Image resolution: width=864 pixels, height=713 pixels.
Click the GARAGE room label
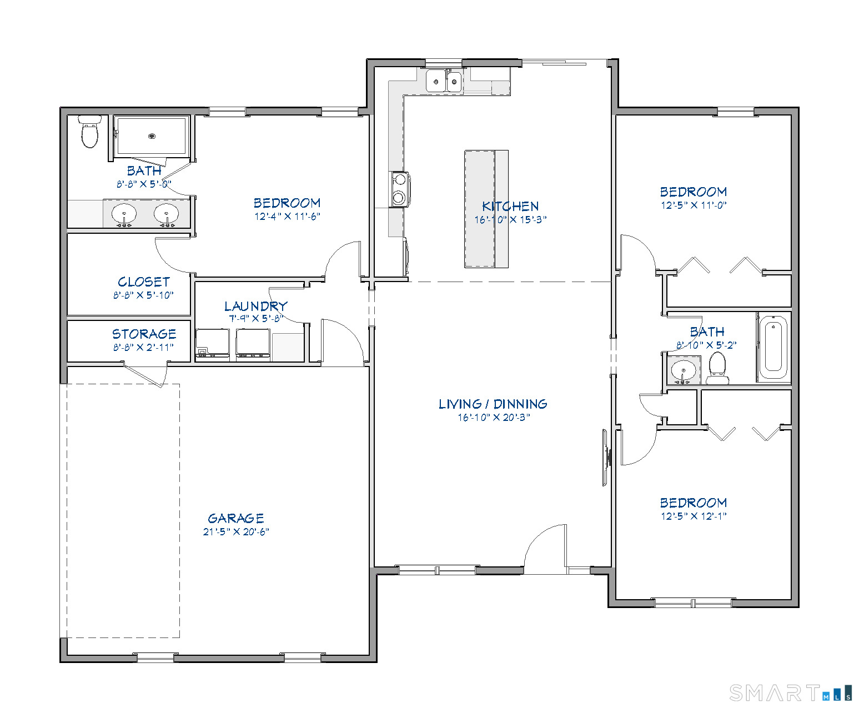click(x=235, y=518)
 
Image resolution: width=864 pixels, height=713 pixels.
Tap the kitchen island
click(x=486, y=209)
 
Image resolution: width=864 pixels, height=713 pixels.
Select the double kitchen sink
click(x=444, y=82)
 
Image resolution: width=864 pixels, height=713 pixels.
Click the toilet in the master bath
click(x=89, y=132)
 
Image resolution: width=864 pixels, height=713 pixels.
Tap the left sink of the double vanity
click(x=124, y=214)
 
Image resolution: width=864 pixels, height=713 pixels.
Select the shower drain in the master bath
click(x=152, y=135)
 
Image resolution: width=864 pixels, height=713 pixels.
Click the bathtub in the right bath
click(x=773, y=347)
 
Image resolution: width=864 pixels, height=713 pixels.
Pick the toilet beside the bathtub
click(x=717, y=368)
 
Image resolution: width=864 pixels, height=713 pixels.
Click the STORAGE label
click(x=144, y=334)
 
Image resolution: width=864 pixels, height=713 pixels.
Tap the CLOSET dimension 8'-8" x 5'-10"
click(x=143, y=295)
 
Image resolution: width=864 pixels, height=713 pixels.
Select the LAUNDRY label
click(x=255, y=306)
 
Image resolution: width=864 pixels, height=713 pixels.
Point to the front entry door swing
click(x=545, y=547)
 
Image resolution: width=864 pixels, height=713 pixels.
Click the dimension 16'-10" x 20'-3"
click(x=494, y=418)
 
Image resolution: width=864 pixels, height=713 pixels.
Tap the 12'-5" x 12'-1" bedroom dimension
click(x=694, y=516)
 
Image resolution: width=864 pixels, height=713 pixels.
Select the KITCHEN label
click(x=510, y=206)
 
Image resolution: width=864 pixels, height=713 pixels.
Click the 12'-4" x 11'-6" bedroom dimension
click(x=287, y=217)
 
